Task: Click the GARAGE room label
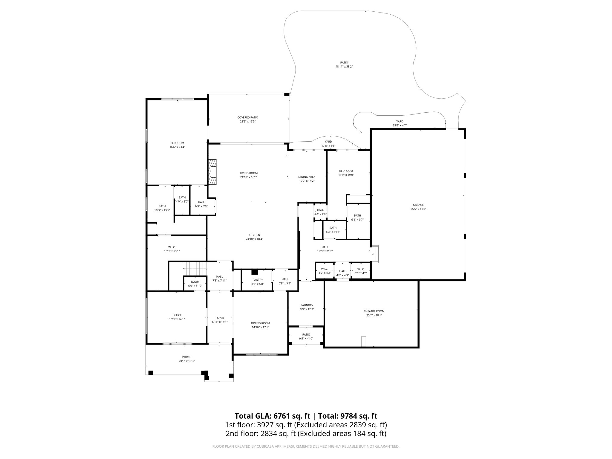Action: point(418,205)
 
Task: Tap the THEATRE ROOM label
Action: point(374,311)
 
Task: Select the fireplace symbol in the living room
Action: point(213,172)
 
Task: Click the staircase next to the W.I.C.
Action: point(195,266)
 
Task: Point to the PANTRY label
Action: point(257,280)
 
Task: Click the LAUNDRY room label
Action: point(307,305)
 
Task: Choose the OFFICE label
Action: point(177,315)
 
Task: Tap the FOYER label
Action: point(220,318)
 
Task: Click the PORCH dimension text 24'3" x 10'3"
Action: point(187,361)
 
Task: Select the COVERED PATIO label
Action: point(248,117)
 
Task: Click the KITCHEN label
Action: point(254,235)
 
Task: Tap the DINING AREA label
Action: point(307,177)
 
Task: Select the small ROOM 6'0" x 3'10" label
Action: point(195,282)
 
